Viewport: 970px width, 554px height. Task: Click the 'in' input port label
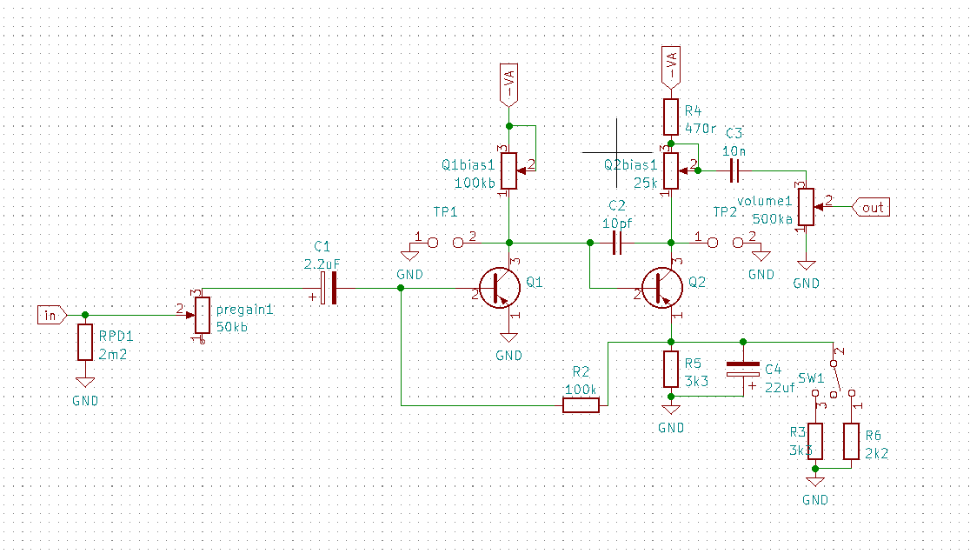point(50,315)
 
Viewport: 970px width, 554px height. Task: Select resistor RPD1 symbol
point(84,342)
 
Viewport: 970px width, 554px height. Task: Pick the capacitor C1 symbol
point(328,288)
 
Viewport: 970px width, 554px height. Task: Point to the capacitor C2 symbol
point(617,245)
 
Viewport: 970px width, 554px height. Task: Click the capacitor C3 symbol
point(734,171)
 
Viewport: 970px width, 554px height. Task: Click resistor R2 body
point(581,405)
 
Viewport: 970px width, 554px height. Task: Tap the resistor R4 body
point(670,117)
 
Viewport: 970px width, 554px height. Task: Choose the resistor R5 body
point(670,369)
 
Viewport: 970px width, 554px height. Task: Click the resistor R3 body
point(814,442)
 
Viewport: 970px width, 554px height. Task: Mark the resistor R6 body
point(851,442)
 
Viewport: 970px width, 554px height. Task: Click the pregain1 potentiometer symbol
point(202,315)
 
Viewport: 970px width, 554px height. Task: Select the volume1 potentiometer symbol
point(806,207)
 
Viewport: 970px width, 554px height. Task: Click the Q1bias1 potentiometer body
point(508,170)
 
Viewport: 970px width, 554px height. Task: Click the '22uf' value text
point(780,388)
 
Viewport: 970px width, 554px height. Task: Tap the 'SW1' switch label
point(811,378)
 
